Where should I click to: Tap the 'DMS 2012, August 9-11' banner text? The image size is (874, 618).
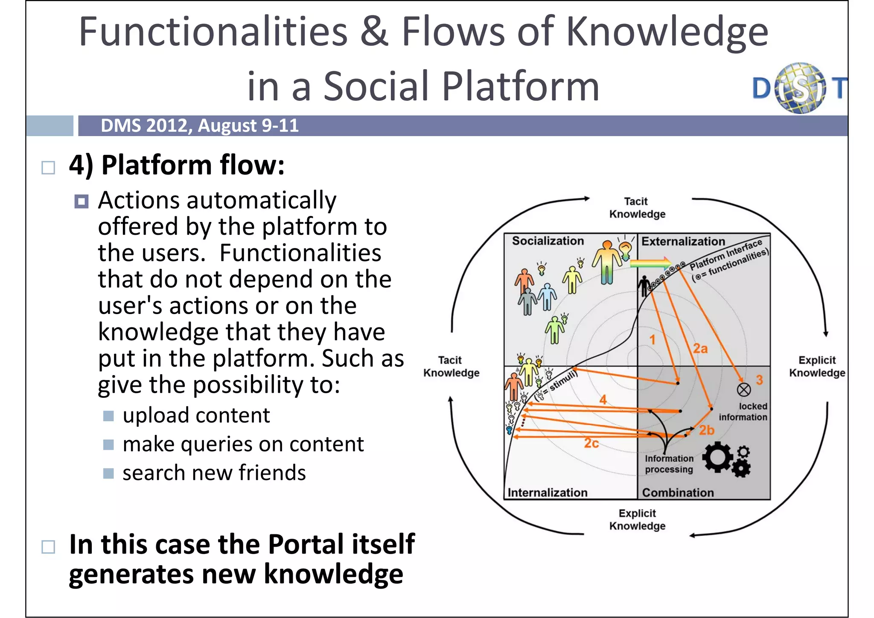coord(199,126)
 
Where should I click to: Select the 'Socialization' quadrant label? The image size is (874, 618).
coord(548,241)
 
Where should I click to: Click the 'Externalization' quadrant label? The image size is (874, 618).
coord(683,242)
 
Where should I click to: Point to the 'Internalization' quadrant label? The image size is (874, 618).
coord(548,493)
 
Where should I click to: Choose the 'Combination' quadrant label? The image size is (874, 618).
coord(678,493)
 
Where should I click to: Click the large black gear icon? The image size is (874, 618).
coord(717,457)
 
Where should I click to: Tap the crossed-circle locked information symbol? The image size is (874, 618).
coord(744,389)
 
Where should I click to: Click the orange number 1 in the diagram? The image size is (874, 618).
coord(653,340)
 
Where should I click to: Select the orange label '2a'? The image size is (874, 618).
coord(700,349)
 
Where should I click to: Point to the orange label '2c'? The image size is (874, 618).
coord(591,444)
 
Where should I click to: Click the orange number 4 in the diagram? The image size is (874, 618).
coord(603,399)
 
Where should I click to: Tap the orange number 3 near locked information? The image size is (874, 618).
coord(759,380)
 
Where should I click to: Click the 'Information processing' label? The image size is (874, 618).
coord(669,464)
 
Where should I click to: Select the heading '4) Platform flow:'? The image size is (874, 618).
coord(177,165)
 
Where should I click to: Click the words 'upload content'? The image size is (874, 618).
coord(196,415)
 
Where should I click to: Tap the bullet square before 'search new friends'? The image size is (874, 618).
coord(108,473)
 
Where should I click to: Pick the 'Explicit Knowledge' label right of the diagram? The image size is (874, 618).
coord(817,367)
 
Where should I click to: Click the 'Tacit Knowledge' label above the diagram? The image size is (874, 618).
coord(637,208)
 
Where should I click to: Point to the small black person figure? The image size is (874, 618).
coord(644,286)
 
